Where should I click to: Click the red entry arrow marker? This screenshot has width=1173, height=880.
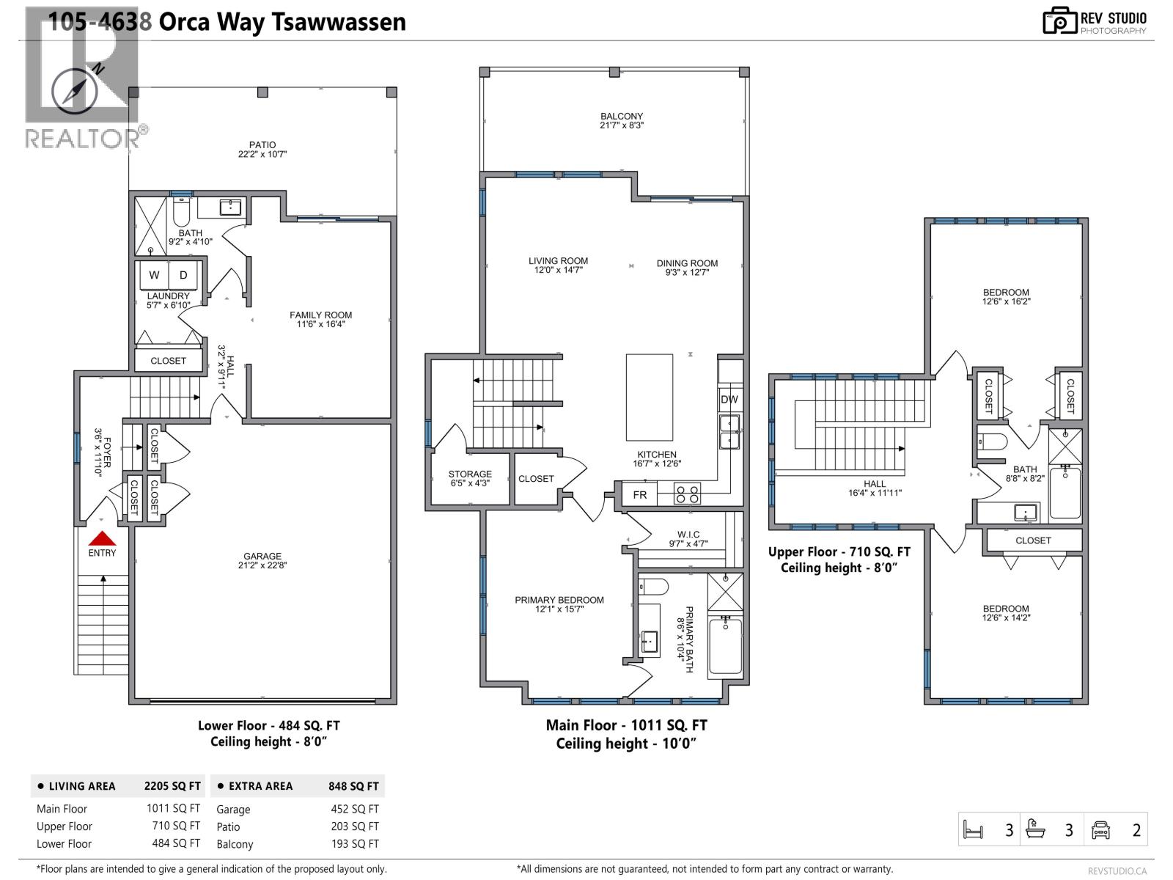(x=102, y=538)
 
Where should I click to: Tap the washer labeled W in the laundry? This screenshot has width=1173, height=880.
(x=154, y=275)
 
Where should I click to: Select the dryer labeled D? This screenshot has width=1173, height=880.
(x=183, y=275)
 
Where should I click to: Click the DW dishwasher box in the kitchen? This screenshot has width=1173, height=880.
(x=729, y=400)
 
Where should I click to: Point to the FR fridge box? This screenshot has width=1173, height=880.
(x=640, y=495)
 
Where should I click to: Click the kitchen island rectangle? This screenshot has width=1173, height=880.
(x=650, y=397)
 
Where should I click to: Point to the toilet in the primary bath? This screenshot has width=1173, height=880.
(x=654, y=587)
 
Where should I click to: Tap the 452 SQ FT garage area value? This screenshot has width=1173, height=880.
(x=355, y=809)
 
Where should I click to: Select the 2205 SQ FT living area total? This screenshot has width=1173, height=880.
(x=172, y=786)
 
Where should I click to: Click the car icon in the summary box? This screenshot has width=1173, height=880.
(x=1100, y=829)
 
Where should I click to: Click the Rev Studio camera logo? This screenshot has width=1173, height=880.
(x=1059, y=21)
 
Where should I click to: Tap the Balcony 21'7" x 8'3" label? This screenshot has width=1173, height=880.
(x=622, y=120)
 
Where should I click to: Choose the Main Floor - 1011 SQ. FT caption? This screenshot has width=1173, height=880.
(x=626, y=725)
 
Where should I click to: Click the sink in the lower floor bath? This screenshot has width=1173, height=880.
(x=231, y=207)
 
